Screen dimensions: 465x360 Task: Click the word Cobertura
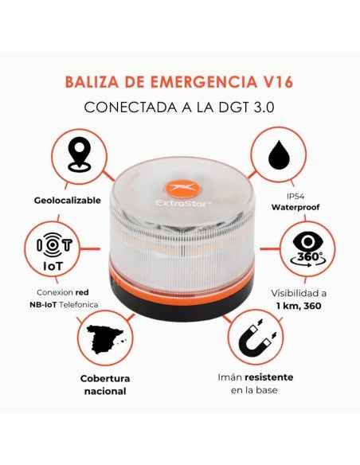(x=105, y=378)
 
